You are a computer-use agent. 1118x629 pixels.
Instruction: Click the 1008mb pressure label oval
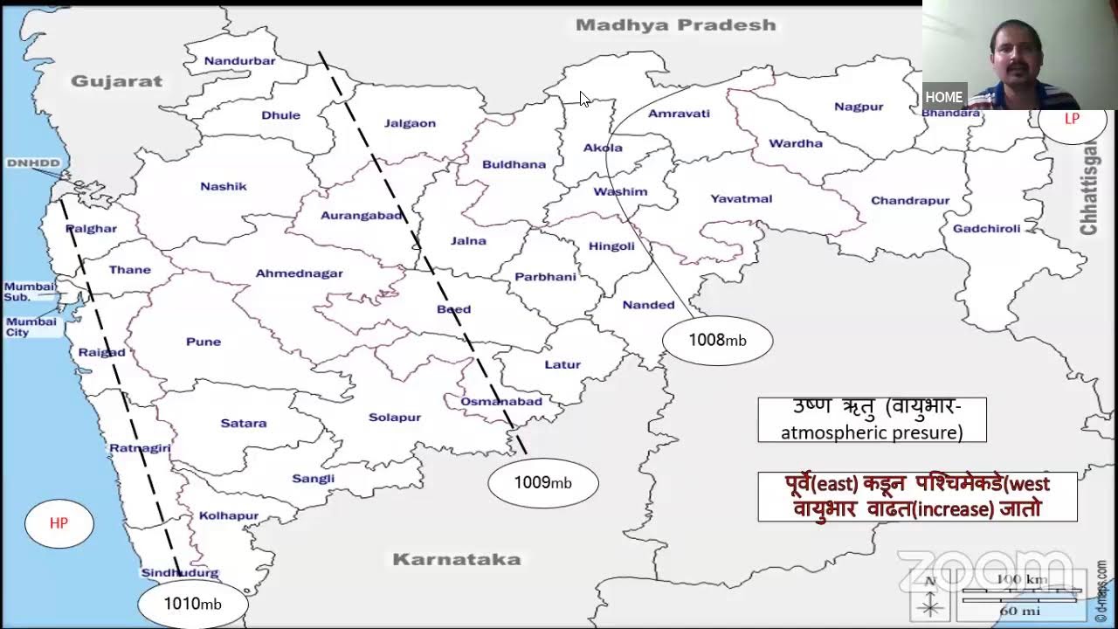pyautogui.click(x=717, y=341)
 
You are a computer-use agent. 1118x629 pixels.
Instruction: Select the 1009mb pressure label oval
pyautogui.click(x=542, y=482)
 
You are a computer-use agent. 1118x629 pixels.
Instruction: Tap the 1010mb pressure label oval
pyautogui.click(x=192, y=604)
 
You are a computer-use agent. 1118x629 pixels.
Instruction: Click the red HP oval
pyautogui.click(x=59, y=523)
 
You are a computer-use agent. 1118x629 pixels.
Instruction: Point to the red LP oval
pyautogui.click(x=1072, y=120)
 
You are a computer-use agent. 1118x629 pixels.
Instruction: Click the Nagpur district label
pyautogui.click(x=859, y=107)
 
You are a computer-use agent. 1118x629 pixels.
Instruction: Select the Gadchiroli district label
pyautogui.click(x=986, y=229)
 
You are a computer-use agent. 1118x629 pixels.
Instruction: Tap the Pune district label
pyautogui.click(x=204, y=342)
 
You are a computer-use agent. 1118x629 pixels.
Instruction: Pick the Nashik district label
pyautogui.click(x=224, y=186)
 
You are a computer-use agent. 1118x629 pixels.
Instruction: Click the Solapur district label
pyautogui.click(x=395, y=418)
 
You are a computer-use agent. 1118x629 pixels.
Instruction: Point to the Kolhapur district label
pyautogui.click(x=229, y=515)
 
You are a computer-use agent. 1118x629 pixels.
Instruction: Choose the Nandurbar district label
pyautogui.click(x=239, y=61)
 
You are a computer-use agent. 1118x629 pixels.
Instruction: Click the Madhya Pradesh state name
pyautogui.click(x=675, y=25)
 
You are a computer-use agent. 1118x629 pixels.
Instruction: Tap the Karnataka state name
pyautogui.click(x=456, y=560)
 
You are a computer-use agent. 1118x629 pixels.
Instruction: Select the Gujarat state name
pyautogui.click(x=116, y=81)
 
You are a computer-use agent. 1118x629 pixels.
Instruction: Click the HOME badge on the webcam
pyautogui.click(x=943, y=97)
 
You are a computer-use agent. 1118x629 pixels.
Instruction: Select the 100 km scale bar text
pyautogui.click(x=1021, y=579)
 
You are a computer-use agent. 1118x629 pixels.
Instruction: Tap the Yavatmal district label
pyautogui.click(x=741, y=199)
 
